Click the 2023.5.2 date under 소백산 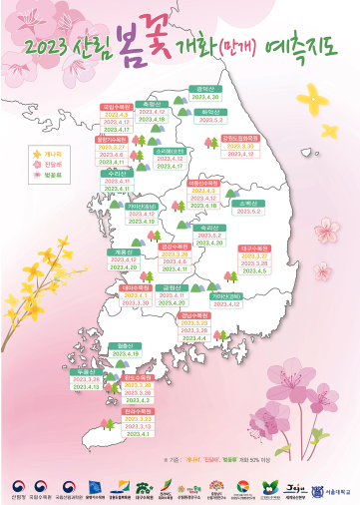tap(250, 212)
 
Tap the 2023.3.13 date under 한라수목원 tap(138, 453)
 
